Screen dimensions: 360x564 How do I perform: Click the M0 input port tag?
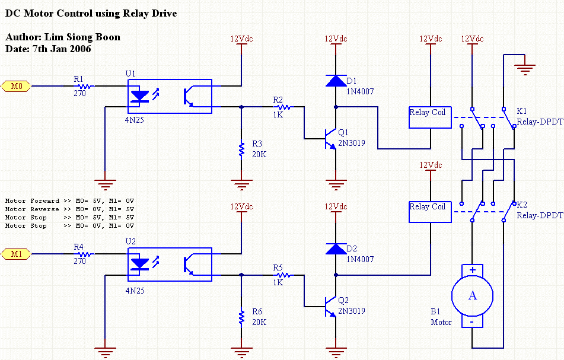click(17, 87)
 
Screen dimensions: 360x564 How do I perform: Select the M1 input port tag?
click(17, 254)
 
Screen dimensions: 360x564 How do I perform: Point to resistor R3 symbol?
click(241, 148)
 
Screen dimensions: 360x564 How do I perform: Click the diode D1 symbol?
click(336, 81)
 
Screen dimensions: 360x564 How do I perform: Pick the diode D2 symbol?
click(336, 249)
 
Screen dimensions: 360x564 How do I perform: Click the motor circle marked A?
click(472, 295)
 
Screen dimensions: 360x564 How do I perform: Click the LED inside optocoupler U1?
click(139, 95)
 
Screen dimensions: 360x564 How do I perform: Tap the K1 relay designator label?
click(521, 111)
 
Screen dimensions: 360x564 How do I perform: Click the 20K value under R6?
click(259, 322)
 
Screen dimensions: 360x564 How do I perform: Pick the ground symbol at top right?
click(523, 66)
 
